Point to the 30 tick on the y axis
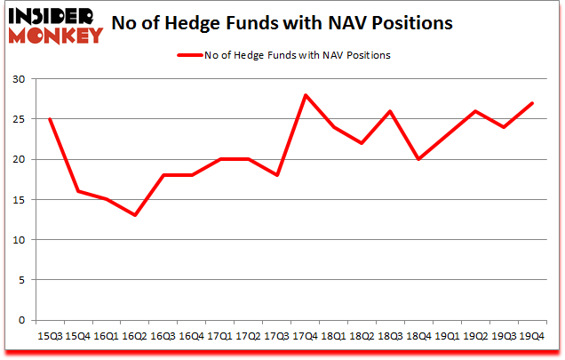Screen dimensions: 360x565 coord(20,79)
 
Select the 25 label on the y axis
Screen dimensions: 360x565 coord(20,119)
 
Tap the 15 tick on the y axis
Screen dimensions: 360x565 coord(20,199)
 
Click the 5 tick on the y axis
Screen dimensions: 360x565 coord(23,280)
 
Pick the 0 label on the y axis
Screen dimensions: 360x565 coord(23,320)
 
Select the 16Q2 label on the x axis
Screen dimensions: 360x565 coord(136,336)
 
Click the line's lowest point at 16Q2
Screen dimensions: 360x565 coord(136,215)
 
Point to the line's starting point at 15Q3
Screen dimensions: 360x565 coord(49,119)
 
